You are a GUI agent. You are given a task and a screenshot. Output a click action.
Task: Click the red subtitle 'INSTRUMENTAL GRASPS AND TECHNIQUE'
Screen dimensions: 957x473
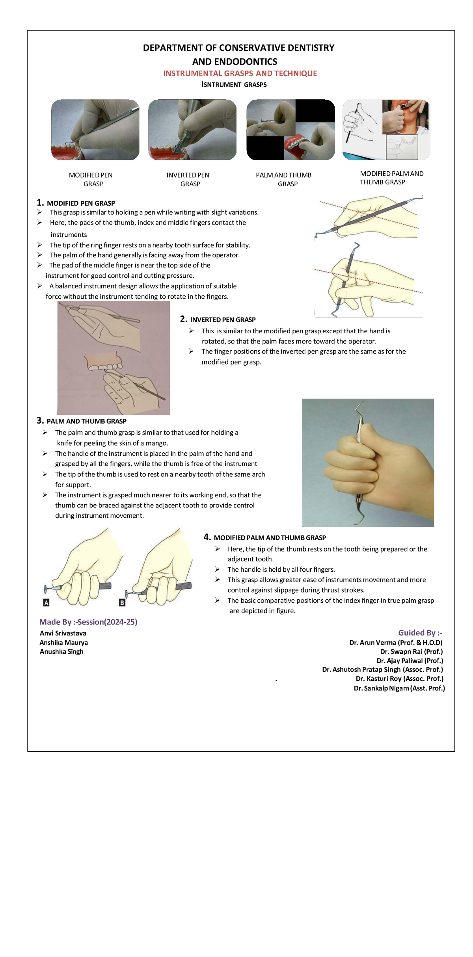(x=240, y=73)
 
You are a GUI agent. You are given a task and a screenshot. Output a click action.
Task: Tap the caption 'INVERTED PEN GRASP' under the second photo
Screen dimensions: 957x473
(x=188, y=179)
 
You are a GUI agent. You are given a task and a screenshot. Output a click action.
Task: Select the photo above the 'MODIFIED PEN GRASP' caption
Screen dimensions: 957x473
(x=95, y=130)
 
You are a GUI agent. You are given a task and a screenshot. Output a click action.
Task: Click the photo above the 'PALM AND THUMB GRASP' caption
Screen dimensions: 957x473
(x=291, y=130)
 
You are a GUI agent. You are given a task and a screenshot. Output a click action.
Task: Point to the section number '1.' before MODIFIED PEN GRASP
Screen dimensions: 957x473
(x=40, y=203)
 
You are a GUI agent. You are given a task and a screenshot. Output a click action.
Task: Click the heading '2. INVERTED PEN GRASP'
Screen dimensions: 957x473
(x=218, y=320)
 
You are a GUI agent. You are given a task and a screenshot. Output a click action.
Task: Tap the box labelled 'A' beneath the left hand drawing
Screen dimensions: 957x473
(x=46, y=603)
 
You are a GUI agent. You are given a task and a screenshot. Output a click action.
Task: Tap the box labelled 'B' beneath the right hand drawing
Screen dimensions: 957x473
(x=122, y=603)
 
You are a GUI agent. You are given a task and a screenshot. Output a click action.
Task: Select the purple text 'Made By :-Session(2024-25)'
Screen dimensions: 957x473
(x=88, y=622)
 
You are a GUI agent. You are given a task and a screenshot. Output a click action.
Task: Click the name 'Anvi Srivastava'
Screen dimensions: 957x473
(x=63, y=634)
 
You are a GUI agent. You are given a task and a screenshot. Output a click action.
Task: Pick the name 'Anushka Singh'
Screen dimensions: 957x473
(x=61, y=652)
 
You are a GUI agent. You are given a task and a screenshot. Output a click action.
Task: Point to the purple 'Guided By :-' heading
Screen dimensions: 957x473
(x=420, y=633)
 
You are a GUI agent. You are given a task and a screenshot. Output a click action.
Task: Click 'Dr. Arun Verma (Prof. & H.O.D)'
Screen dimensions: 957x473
(x=396, y=643)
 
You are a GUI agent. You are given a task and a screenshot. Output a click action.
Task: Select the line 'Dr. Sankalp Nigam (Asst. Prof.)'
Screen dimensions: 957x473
(x=399, y=688)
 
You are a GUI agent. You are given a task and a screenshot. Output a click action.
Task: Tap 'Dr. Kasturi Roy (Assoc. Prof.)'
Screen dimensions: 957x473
(x=399, y=679)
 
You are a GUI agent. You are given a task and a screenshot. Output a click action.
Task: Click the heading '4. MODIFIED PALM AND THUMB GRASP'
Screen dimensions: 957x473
(x=265, y=538)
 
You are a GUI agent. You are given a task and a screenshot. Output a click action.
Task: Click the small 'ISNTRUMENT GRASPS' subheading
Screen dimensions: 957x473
(x=234, y=85)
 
